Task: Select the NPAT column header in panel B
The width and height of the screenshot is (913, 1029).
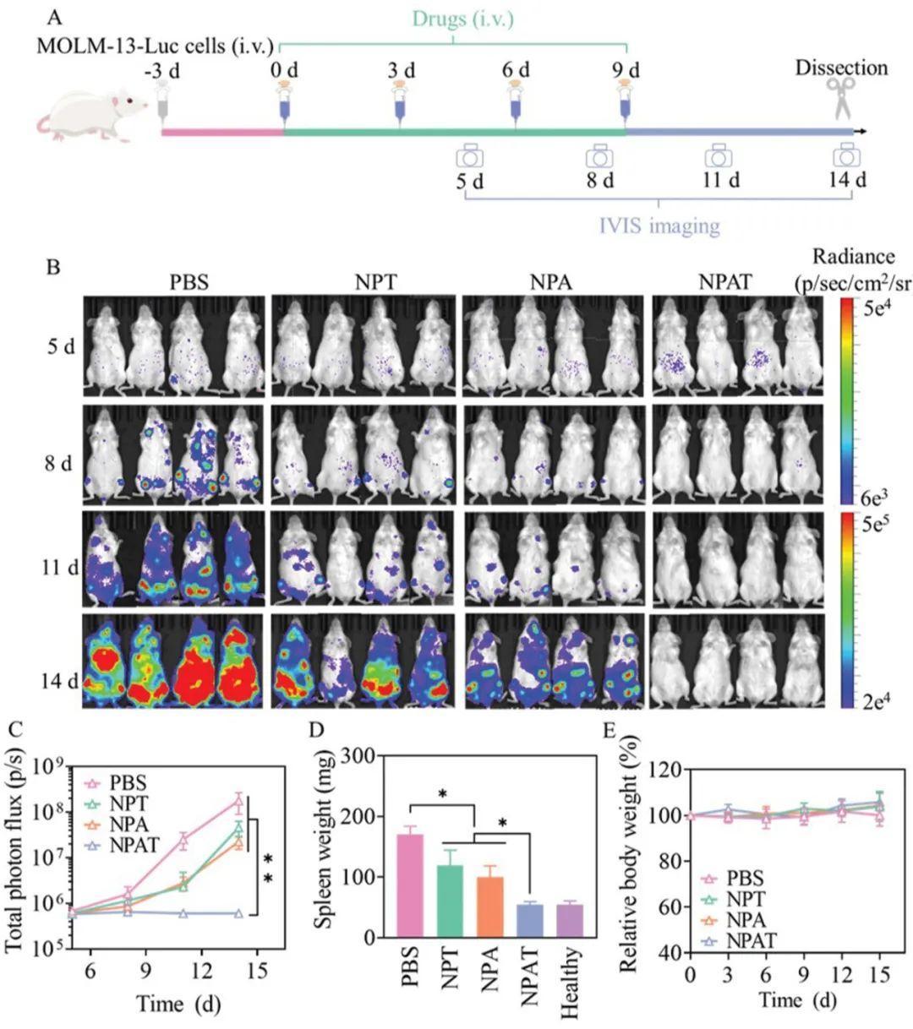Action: [725, 282]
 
